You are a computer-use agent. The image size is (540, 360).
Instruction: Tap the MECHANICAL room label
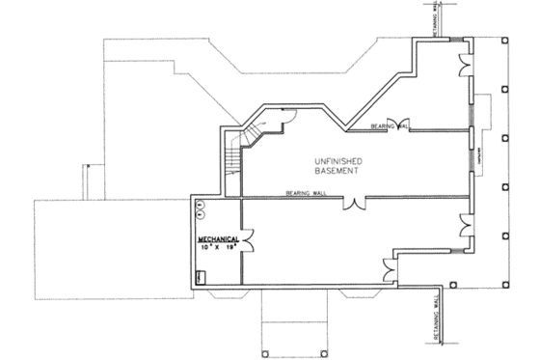[218, 238]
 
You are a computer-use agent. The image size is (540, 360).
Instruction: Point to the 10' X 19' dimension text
[218, 247]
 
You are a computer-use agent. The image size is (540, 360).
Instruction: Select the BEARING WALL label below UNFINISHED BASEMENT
[307, 194]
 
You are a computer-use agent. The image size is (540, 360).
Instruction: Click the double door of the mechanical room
[249, 236]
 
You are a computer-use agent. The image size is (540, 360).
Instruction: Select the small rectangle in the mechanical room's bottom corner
[199, 277]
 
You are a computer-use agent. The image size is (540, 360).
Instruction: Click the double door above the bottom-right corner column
[467, 229]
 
